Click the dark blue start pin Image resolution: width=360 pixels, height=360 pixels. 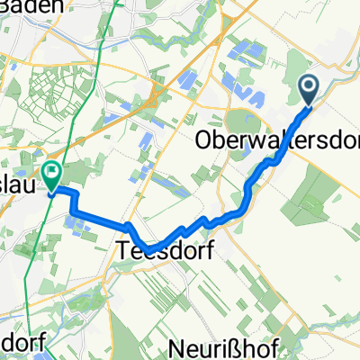tap(308, 90)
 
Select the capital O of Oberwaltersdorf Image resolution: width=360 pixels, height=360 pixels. tap(203, 142)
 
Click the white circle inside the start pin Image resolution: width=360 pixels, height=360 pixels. tap(308, 87)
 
